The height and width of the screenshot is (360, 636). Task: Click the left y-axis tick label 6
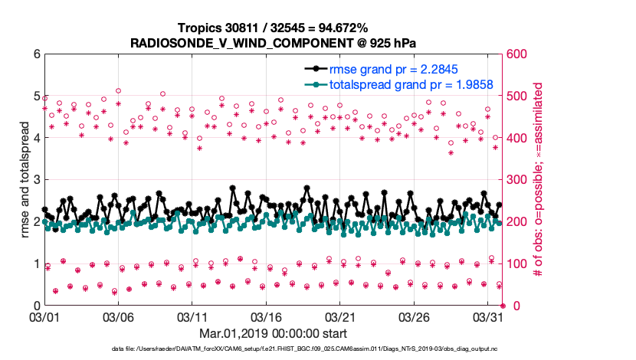coord(36,54)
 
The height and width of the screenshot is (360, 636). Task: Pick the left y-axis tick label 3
coord(36,180)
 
